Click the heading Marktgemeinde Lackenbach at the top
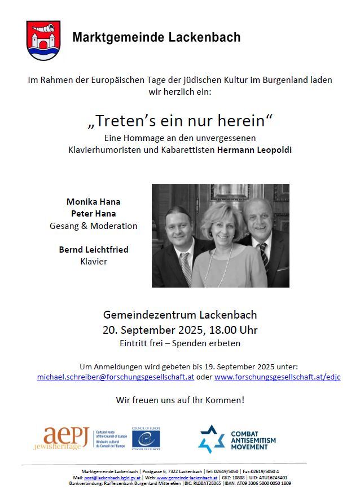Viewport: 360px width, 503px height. pos(156,38)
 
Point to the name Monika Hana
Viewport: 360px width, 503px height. pos(93,201)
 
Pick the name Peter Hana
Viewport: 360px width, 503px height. pos(93,213)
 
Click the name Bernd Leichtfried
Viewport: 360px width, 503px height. pos(93,249)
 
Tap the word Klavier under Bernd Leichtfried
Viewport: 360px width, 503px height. pos(93,261)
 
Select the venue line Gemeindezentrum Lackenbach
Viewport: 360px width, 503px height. pos(180,315)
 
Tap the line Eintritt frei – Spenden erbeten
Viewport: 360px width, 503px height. pos(180,343)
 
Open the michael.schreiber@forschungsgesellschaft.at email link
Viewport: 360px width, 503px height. pos(116,377)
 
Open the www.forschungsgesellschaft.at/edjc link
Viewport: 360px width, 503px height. pos(277,377)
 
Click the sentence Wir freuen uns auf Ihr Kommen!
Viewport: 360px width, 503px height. pos(180,400)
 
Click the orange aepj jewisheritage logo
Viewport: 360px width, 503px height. pos(66,438)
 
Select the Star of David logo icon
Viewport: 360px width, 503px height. pos(212,439)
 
